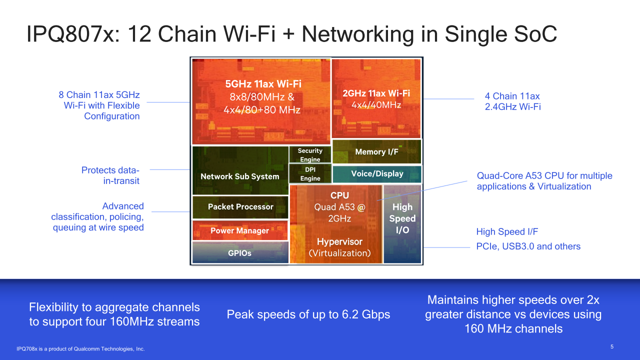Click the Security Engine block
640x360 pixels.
tap(310, 155)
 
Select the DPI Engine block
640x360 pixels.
tap(310, 174)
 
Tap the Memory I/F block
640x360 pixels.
tap(376, 152)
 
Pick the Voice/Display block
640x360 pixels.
tap(377, 174)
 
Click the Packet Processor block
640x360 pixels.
tap(240, 207)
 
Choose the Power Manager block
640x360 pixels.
tap(239, 230)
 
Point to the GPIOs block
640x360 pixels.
tap(239, 253)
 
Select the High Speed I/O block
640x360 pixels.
tap(402, 218)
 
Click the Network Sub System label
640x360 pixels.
tap(239, 176)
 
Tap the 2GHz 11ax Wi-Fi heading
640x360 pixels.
tap(376, 93)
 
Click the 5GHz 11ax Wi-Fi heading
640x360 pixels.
tap(263, 84)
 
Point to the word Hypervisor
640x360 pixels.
tap(339, 242)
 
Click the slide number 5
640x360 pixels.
tap(612, 347)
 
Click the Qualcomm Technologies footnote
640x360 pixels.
tap(80, 348)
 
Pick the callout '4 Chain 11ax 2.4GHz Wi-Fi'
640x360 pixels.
tap(512, 101)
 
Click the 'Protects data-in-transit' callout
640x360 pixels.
tap(110, 175)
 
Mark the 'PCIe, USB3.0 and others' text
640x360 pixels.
tap(528, 246)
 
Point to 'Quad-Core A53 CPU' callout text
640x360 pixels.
tap(544, 181)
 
